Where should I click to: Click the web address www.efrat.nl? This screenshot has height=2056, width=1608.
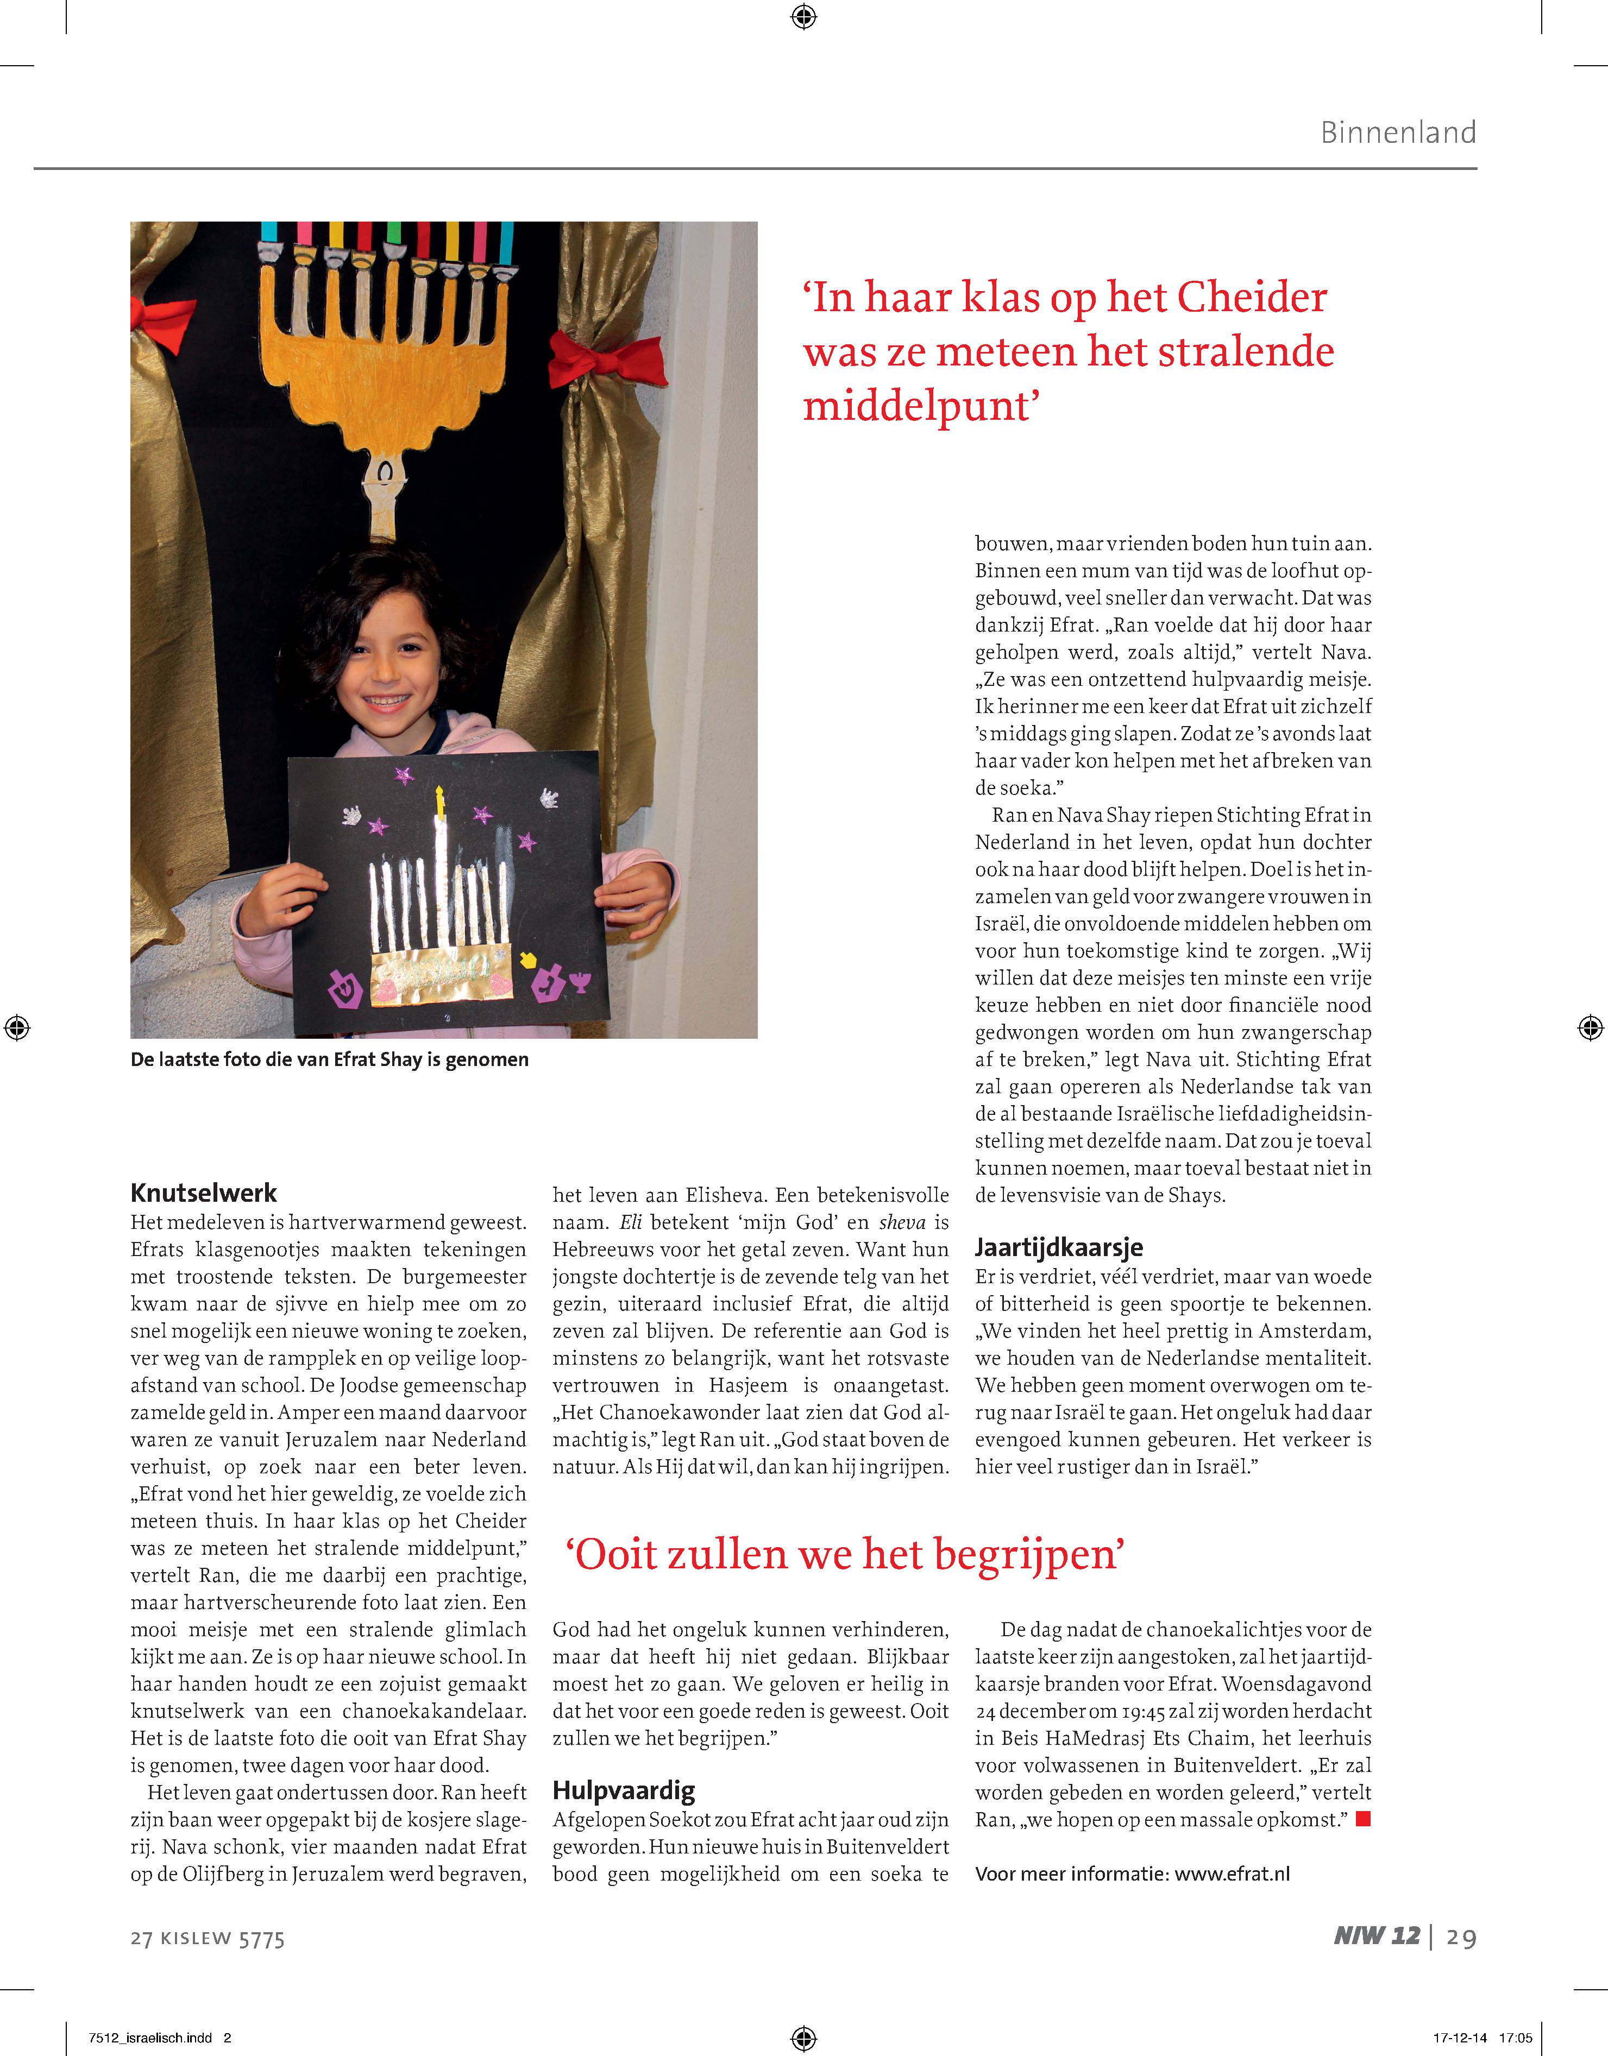(x=1233, y=1874)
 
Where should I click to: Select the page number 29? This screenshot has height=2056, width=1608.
(x=1461, y=1938)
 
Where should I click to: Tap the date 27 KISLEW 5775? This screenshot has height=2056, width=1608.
(x=207, y=1938)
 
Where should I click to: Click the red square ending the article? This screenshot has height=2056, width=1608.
(x=1362, y=1820)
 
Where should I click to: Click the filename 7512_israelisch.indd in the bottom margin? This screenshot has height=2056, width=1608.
(x=150, y=2038)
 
